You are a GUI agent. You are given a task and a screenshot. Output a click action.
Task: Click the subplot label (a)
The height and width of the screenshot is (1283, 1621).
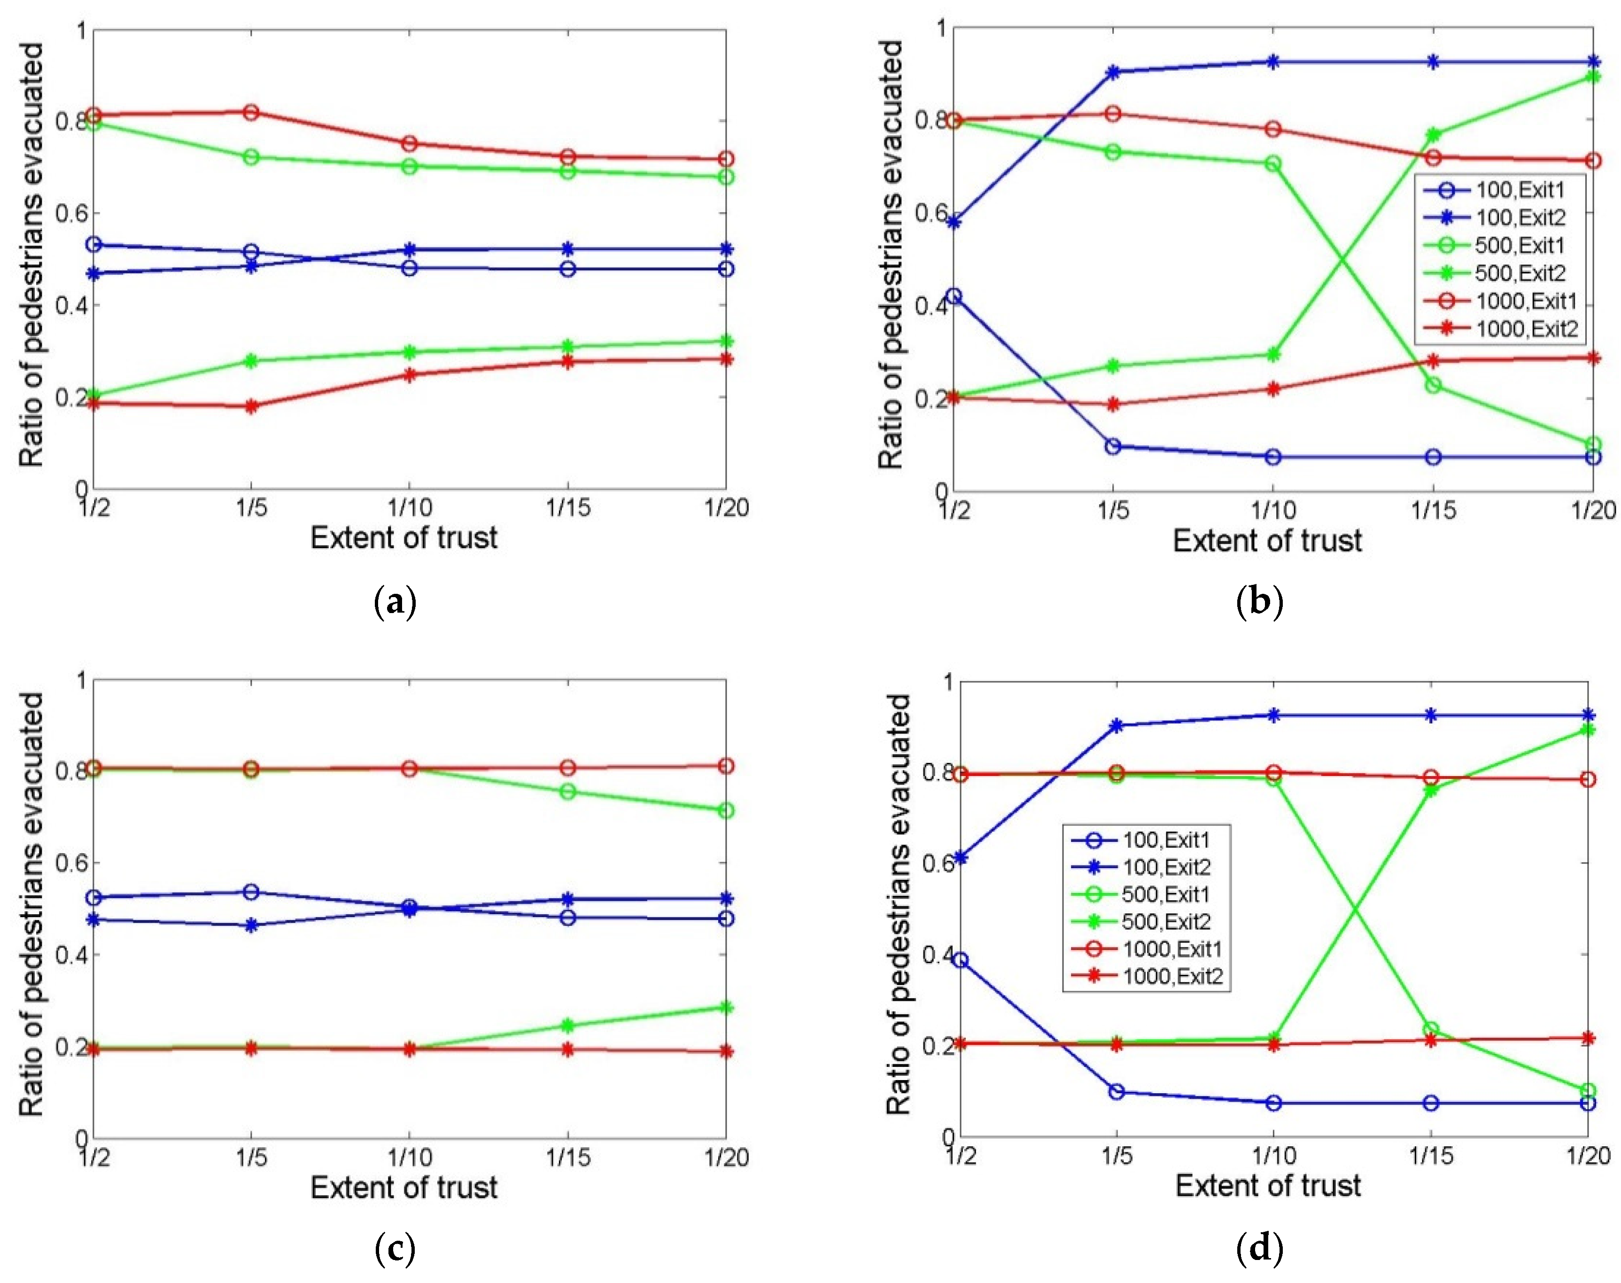(x=395, y=602)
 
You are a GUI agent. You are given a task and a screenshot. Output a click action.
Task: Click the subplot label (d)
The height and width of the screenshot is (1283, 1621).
(x=1260, y=1248)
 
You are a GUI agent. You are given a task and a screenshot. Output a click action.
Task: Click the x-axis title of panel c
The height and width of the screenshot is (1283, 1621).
(x=403, y=1188)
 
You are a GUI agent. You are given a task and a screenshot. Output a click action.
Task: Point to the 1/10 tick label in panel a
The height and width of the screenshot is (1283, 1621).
(x=410, y=508)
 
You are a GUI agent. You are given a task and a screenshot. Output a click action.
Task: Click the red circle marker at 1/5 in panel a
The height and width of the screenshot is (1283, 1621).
(x=252, y=113)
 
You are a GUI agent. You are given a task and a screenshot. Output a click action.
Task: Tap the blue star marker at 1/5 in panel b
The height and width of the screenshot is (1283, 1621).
(x=1113, y=72)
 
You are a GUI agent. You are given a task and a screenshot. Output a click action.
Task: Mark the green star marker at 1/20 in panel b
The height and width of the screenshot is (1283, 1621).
(x=1592, y=77)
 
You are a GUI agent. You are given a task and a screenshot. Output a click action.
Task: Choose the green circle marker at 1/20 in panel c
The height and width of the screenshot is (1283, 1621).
(x=726, y=810)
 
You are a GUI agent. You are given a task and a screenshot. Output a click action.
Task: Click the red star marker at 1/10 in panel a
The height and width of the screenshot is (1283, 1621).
(x=410, y=375)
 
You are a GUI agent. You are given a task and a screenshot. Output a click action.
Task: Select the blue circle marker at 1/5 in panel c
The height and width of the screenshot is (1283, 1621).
(x=252, y=892)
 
